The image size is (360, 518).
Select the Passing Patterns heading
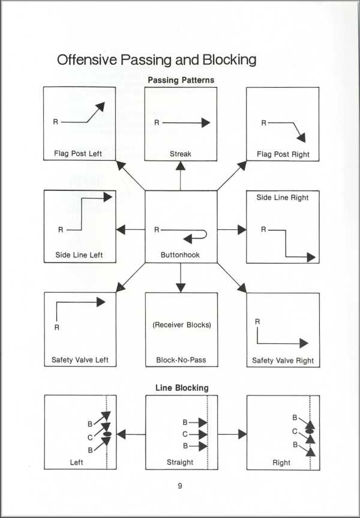pos(181,80)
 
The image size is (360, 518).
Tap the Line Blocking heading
pos(182,388)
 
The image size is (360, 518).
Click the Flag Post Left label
pos(78,153)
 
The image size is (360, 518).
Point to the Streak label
pos(181,154)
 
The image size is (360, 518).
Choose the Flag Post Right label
pos(283,154)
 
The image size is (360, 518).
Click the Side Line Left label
pos(79,254)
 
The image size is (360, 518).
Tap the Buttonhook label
pos(180,254)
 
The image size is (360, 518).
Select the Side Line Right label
pos(283,197)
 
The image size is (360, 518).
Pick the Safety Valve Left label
pos(80,360)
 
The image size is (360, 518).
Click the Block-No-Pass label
pos(181,361)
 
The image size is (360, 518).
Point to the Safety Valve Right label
pos(283,361)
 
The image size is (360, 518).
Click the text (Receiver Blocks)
pos(181,325)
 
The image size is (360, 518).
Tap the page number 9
pos(180,486)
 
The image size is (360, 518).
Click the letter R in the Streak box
pos(157,122)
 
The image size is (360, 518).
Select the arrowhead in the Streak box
pos(206,122)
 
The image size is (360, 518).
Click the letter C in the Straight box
pos(185,434)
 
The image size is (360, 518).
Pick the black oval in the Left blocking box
pos(108,433)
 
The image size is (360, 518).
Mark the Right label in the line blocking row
pos(281,463)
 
